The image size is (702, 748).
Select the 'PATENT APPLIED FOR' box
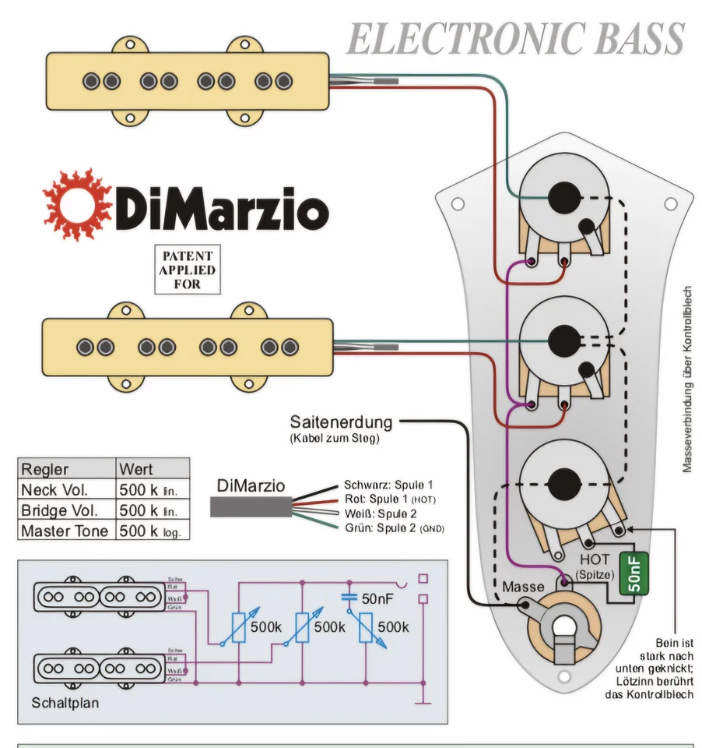[187, 270]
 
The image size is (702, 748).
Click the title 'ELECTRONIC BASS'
[515, 39]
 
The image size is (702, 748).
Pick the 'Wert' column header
[136, 469]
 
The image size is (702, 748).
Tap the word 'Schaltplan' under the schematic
[65, 702]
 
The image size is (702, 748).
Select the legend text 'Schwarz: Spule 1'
[388, 485]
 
